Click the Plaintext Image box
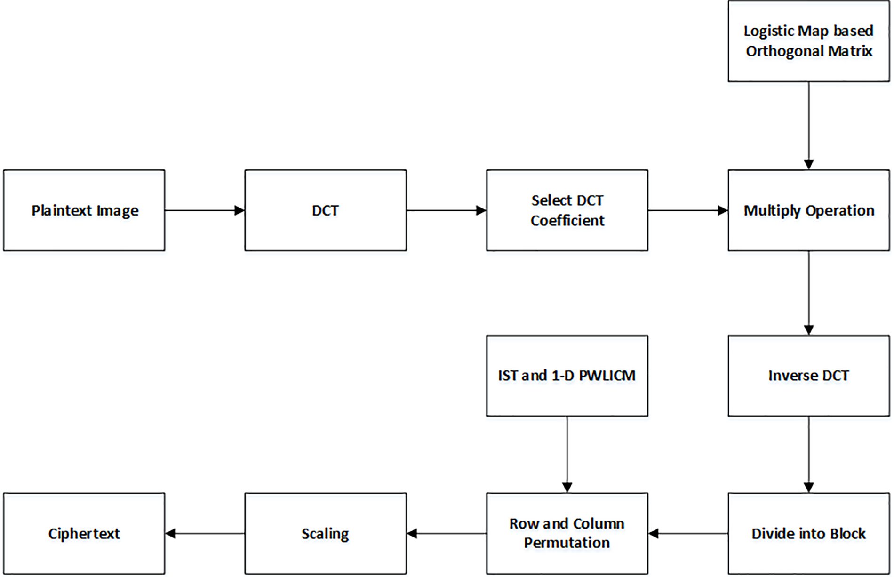tap(84, 210)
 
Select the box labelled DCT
tap(325, 210)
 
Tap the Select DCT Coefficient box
tap(567, 210)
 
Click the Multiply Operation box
tap(808, 210)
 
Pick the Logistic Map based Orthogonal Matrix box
tap(808, 41)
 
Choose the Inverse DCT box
tap(808, 376)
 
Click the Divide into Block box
tap(808, 533)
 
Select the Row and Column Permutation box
tap(567, 533)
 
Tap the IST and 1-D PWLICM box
tap(567, 376)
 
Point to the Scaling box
tap(325, 533)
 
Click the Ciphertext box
tap(84, 533)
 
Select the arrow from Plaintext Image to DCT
tap(205, 210)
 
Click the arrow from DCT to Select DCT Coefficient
tap(446, 210)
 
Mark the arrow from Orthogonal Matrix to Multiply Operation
tap(808, 125)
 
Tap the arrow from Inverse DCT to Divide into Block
tap(808, 454)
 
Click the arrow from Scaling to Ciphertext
tap(205, 533)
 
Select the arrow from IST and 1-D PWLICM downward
tap(567, 454)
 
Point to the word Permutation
tap(567, 543)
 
